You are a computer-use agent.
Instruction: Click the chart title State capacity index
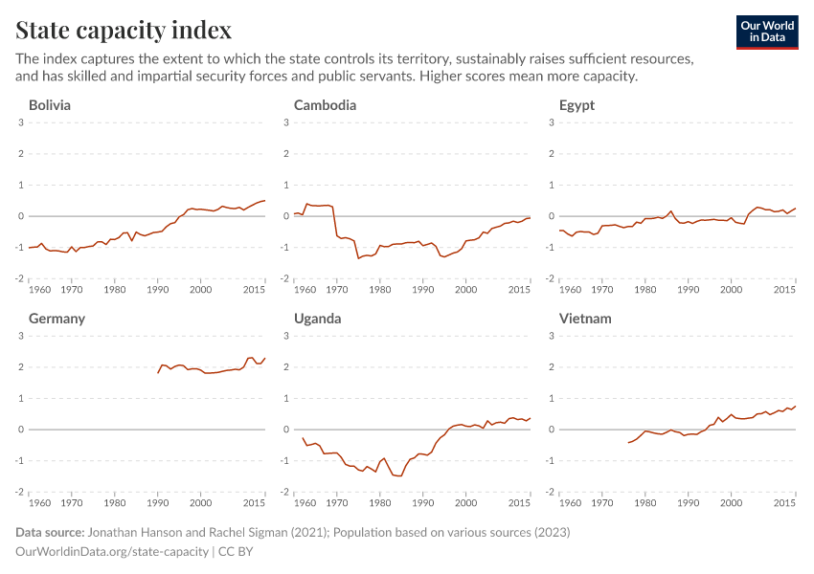coord(124,31)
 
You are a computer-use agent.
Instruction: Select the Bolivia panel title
coord(50,105)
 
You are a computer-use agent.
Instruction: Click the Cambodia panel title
coord(325,105)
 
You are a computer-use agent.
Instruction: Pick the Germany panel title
coord(57,319)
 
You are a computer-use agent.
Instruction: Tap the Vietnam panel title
coord(585,319)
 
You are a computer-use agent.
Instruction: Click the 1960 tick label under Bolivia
coord(41,289)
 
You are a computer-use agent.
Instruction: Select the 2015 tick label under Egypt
coord(784,289)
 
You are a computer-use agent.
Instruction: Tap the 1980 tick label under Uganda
coord(380,502)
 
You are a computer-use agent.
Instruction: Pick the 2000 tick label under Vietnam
coord(732,502)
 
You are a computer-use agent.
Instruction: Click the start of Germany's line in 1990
coord(158,372)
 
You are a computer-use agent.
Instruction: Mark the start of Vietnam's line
coord(628,442)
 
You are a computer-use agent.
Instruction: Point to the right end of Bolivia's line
coord(264,201)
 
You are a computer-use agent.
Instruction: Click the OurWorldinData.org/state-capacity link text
coord(112,551)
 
